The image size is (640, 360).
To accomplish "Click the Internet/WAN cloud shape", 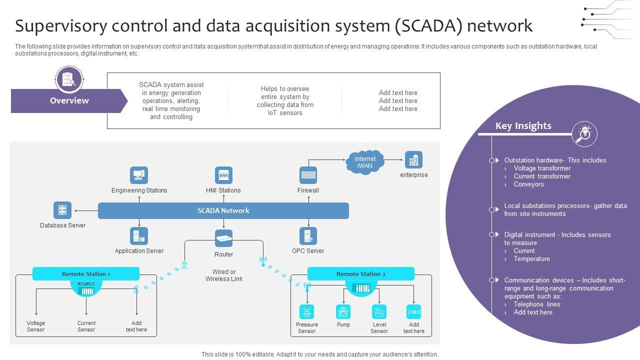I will click(x=365, y=162).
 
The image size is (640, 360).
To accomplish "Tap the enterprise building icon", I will click(x=413, y=160).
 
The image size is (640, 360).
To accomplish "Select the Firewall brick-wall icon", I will click(x=308, y=175).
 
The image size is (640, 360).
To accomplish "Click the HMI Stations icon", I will click(x=223, y=175).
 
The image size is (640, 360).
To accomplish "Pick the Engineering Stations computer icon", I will click(x=139, y=175).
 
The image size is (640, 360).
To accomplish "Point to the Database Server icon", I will click(x=62, y=210).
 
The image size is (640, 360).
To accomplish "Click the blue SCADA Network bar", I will click(x=223, y=210).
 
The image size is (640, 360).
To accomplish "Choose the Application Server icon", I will click(x=139, y=236).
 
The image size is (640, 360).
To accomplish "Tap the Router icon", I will click(x=223, y=238).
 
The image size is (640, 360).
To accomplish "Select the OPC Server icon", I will click(x=308, y=236).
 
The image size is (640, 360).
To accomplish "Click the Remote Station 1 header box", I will click(x=85, y=274).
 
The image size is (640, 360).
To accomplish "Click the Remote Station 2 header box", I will click(x=360, y=274).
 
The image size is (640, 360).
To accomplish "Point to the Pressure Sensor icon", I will click(x=306, y=312).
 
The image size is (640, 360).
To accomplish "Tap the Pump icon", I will click(x=343, y=312).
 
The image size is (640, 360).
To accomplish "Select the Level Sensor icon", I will click(x=379, y=312).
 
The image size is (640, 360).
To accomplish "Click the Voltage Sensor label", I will click(x=36, y=326).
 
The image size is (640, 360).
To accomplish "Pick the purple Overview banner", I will click(x=69, y=100).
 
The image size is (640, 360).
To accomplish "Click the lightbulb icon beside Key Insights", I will click(x=584, y=133).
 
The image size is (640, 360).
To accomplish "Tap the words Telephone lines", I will click(x=537, y=304).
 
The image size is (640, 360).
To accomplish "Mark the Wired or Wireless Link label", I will click(x=223, y=275).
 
